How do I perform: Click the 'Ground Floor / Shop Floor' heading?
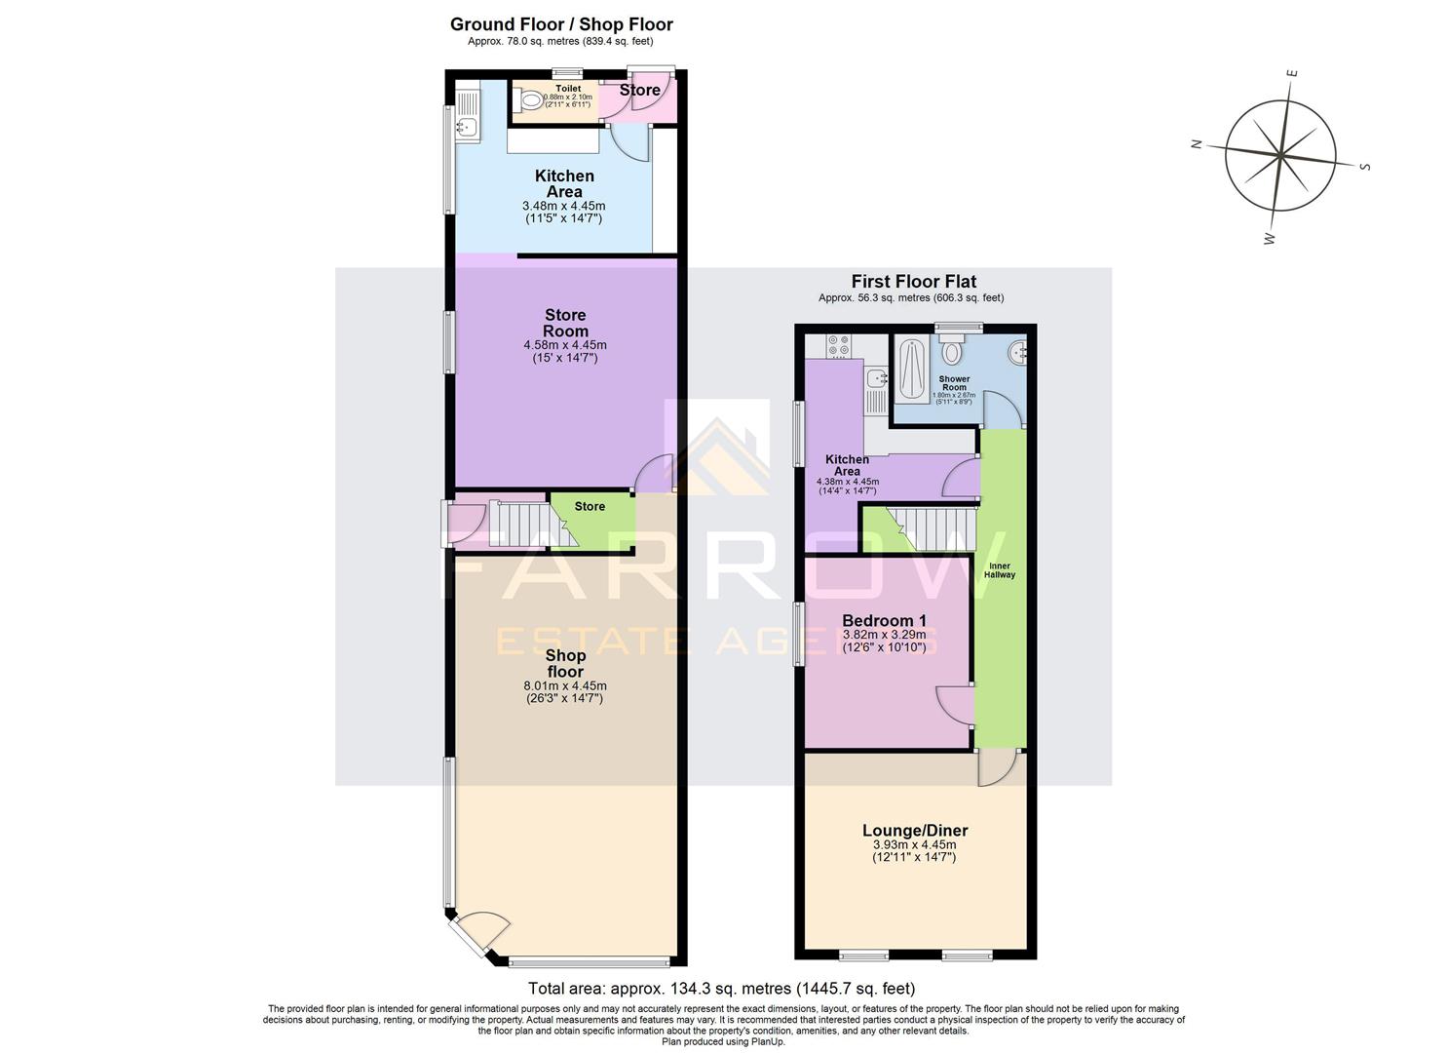pyautogui.click(x=560, y=24)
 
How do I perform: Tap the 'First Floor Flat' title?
pyautogui.click(x=913, y=281)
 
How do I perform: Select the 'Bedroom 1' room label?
pyautogui.click(x=884, y=620)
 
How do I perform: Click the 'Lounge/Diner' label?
pyautogui.click(x=914, y=831)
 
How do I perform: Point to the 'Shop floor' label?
pyautogui.click(x=565, y=663)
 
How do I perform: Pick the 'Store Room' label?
pyautogui.click(x=565, y=323)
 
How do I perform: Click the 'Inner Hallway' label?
pyautogui.click(x=1000, y=570)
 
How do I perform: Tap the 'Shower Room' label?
pyautogui.click(x=954, y=383)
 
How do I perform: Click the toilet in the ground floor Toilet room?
pyautogui.click(x=531, y=99)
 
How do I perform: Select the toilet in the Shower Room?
pyautogui.click(x=952, y=349)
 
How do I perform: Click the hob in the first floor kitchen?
pyautogui.click(x=838, y=345)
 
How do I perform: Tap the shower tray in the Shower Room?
pyautogui.click(x=913, y=369)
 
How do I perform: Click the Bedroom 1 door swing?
pyautogui.click(x=954, y=705)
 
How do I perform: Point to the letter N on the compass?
pyautogui.click(x=1196, y=144)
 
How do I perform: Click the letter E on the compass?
pyautogui.click(x=1292, y=74)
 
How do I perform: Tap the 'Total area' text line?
pyautogui.click(x=721, y=989)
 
